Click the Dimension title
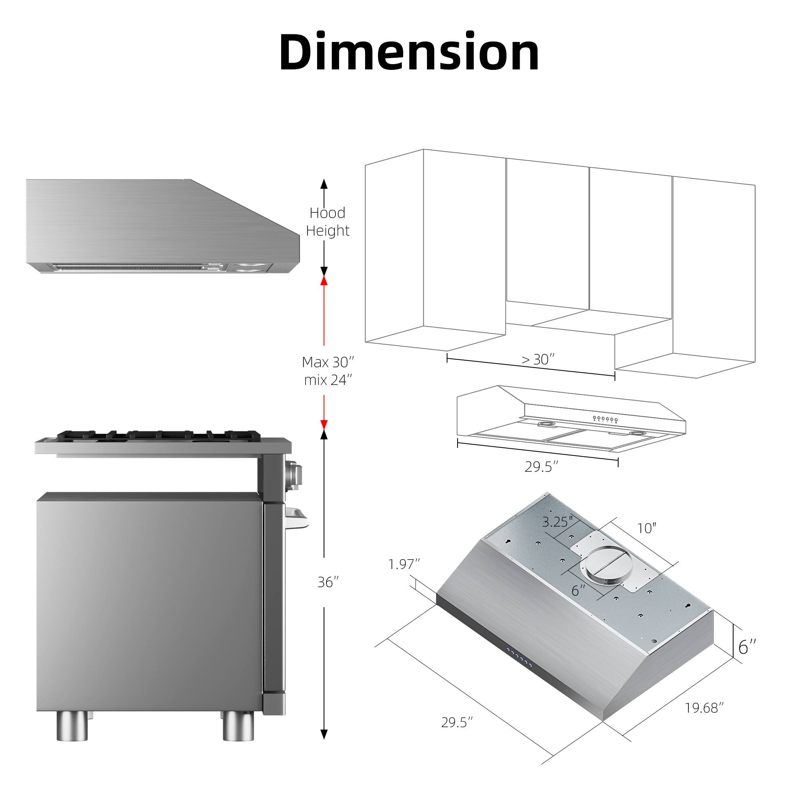pyautogui.click(x=409, y=52)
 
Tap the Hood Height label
pyautogui.click(x=328, y=222)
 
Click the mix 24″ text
pyautogui.click(x=328, y=380)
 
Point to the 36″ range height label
pyautogui.click(x=328, y=582)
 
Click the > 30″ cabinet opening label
pyautogui.click(x=538, y=359)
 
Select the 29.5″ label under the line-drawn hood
pyautogui.click(x=541, y=466)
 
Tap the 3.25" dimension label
pyautogui.click(x=558, y=522)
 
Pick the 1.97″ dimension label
pyautogui.click(x=404, y=564)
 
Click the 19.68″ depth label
pyautogui.click(x=704, y=708)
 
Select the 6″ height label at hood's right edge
pyautogui.click(x=747, y=647)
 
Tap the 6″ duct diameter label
pyautogui.click(x=579, y=590)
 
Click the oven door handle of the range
pyautogui.click(x=297, y=518)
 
